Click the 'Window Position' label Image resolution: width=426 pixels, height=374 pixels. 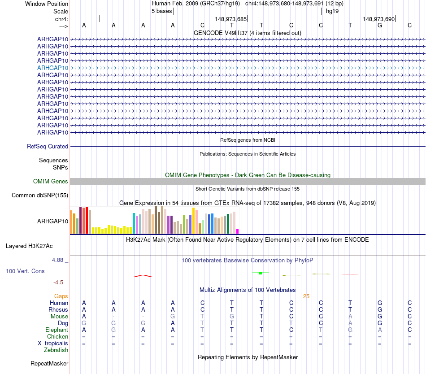click(x=47, y=4)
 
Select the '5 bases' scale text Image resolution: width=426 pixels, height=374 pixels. click(x=161, y=11)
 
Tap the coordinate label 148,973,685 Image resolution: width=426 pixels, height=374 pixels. click(x=230, y=19)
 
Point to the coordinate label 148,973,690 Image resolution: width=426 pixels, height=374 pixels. click(x=378, y=19)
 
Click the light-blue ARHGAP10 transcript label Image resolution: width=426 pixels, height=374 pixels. click(x=52, y=68)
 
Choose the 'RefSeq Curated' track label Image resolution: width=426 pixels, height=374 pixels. click(x=48, y=147)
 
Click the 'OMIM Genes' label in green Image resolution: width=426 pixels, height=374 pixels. click(x=51, y=182)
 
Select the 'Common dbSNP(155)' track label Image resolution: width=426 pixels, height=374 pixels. click(x=40, y=196)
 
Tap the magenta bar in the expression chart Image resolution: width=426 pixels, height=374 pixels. click(x=237, y=231)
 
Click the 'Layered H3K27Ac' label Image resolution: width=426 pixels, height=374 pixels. click(x=29, y=246)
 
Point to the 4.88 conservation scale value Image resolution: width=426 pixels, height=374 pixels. click(x=59, y=260)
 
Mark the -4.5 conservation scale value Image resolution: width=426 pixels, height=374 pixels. click(x=58, y=283)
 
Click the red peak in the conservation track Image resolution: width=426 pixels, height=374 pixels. click(x=143, y=275)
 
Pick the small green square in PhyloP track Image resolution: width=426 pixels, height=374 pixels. click(x=261, y=273)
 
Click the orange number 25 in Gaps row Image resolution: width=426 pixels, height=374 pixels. click(x=306, y=296)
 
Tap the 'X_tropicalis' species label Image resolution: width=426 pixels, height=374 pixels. click(x=53, y=344)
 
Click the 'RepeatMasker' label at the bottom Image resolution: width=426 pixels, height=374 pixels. click(x=49, y=364)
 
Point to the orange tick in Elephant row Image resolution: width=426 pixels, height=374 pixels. click(x=307, y=330)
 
